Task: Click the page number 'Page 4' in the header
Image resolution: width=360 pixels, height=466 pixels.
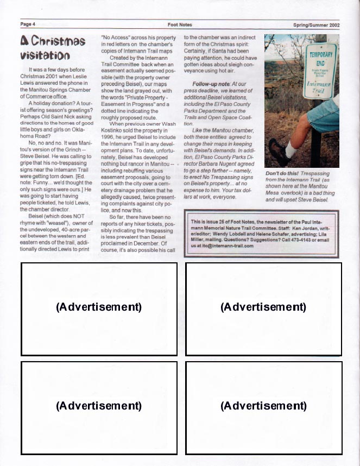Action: (x=28, y=24)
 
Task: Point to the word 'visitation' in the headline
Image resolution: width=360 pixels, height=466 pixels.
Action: (x=45, y=55)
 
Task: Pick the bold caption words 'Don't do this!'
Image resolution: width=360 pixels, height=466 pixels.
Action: (x=282, y=173)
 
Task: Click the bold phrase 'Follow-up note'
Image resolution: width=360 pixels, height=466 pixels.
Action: (x=211, y=84)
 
